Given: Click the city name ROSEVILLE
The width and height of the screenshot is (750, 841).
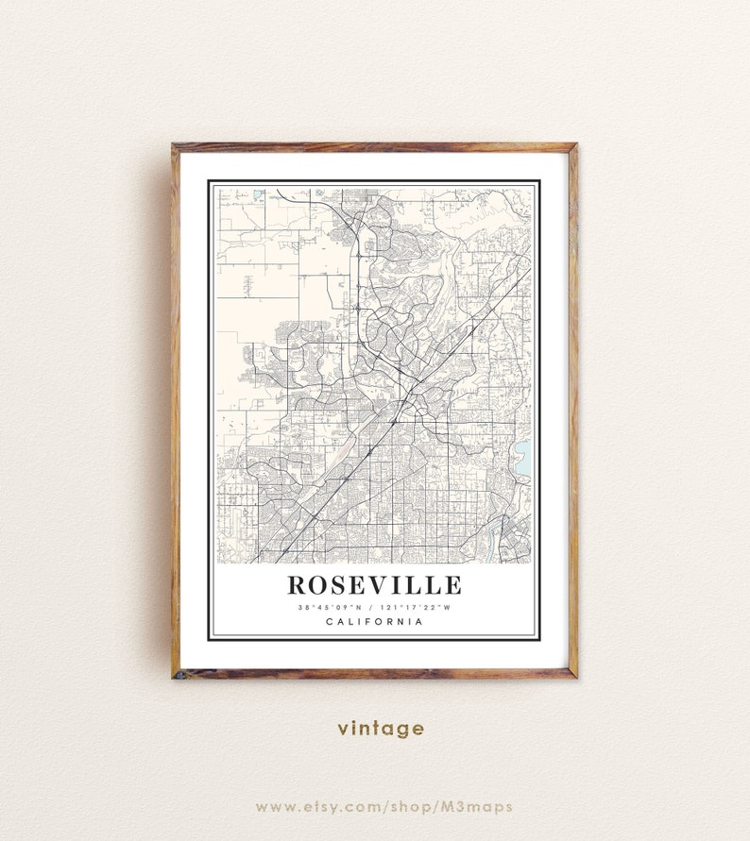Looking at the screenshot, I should pos(374,586).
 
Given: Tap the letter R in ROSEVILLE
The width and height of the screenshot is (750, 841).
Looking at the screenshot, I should pos(298,586).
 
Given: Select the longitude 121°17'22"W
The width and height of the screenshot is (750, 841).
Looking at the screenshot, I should pos(416,607).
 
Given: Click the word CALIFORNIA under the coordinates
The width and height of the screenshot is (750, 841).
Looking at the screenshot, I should pos(374,621).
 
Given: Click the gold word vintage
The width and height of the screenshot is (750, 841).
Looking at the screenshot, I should pos(382,728).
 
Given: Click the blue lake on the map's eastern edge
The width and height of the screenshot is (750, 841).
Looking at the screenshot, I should pos(523,459).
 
